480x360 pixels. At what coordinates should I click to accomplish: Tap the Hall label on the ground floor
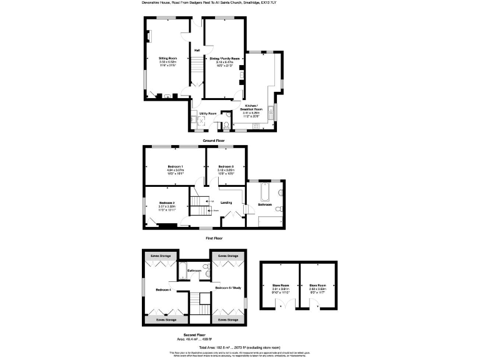coord(197,50)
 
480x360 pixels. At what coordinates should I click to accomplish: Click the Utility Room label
coord(208,113)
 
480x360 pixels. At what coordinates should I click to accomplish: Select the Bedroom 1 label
coord(173,166)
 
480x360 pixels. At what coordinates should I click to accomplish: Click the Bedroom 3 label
coord(226,166)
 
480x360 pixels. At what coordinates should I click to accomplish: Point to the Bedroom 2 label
coord(166,203)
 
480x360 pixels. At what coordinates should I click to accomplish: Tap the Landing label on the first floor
coord(226,202)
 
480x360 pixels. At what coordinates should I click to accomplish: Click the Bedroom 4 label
coord(163,289)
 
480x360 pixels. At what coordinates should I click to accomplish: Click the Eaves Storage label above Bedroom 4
coord(161,256)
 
